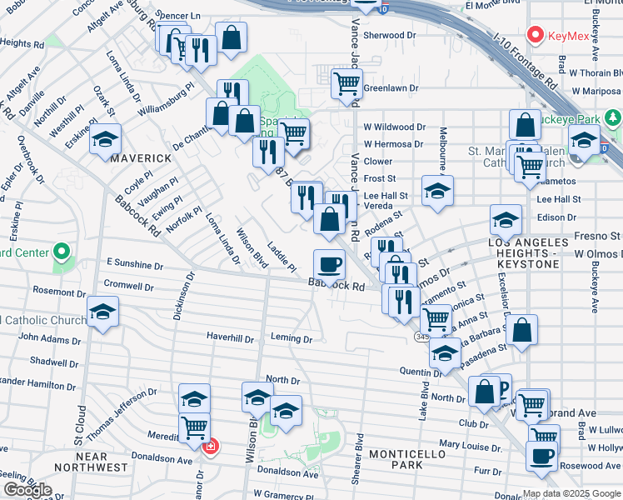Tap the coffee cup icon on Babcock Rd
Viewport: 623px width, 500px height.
330,264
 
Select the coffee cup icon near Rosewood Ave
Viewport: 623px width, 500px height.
542,457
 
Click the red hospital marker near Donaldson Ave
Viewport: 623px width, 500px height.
211,446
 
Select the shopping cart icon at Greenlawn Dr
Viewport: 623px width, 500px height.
346,83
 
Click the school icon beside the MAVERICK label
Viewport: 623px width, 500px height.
106,139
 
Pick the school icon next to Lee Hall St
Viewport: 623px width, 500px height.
437,191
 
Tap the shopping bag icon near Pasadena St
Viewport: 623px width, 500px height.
521,329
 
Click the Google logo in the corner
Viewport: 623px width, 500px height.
27,490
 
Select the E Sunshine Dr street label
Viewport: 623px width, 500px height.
135,265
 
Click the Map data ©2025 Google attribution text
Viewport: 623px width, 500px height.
571,493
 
